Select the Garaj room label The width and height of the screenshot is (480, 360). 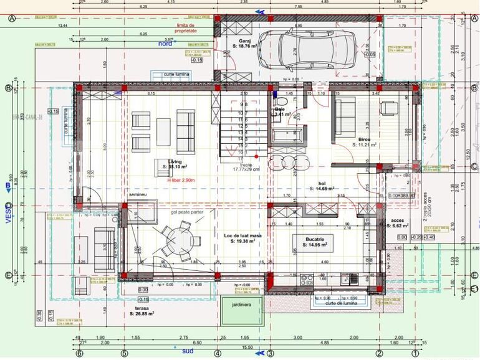click(x=236, y=42)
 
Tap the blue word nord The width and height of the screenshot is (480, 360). click(x=165, y=44)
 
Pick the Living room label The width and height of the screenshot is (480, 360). click(x=166, y=162)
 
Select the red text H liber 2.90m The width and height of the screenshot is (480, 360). click(x=181, y=179)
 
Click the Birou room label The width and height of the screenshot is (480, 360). click(x=365, y=139)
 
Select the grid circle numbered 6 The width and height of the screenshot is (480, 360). click(x=80, y=354)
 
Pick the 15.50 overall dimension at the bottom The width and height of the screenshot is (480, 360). click(x=247, y=348)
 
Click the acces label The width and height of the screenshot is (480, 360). click(x=397, y=220)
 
